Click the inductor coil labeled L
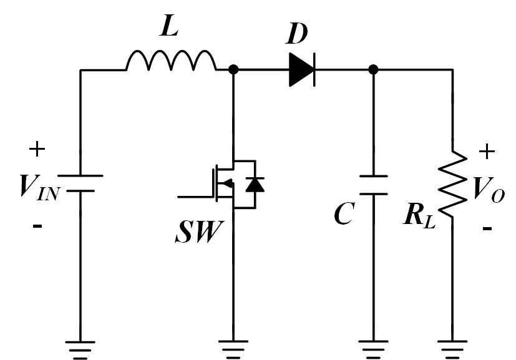(x=172, y=61)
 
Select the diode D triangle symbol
(x=301, y=69)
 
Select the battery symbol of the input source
(x=80, y=183)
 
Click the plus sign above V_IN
(x=37, y=149)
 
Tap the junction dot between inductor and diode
(x=233, y=69)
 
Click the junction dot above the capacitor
(x=373, y=69)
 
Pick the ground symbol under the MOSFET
(x=233, y=347)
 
